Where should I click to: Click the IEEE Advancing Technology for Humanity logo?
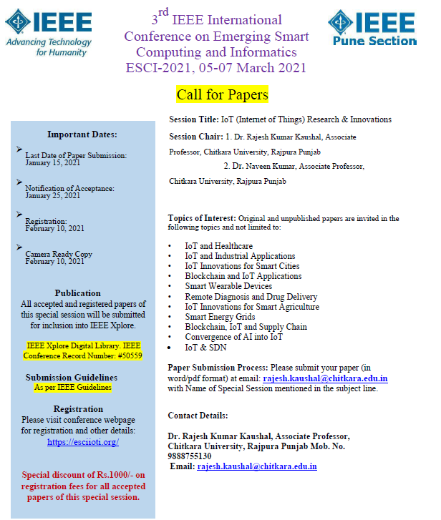coord(49,32)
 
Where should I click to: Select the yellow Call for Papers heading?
coord(222,94)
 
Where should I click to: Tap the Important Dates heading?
coord(82,134)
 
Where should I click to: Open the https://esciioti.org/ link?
coord(82,442)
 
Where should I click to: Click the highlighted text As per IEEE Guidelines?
coord(73,387)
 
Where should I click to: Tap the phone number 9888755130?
coord(190,456)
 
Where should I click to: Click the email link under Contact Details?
coord(257,466)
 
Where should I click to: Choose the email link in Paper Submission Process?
coord(325,378)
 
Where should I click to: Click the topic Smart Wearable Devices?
coord(228,286)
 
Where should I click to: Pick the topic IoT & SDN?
coord(205,347)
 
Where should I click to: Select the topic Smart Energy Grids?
coord(220,317)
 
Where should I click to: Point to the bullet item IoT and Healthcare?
coord(218,246)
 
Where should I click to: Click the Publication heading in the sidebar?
coord(78,293)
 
